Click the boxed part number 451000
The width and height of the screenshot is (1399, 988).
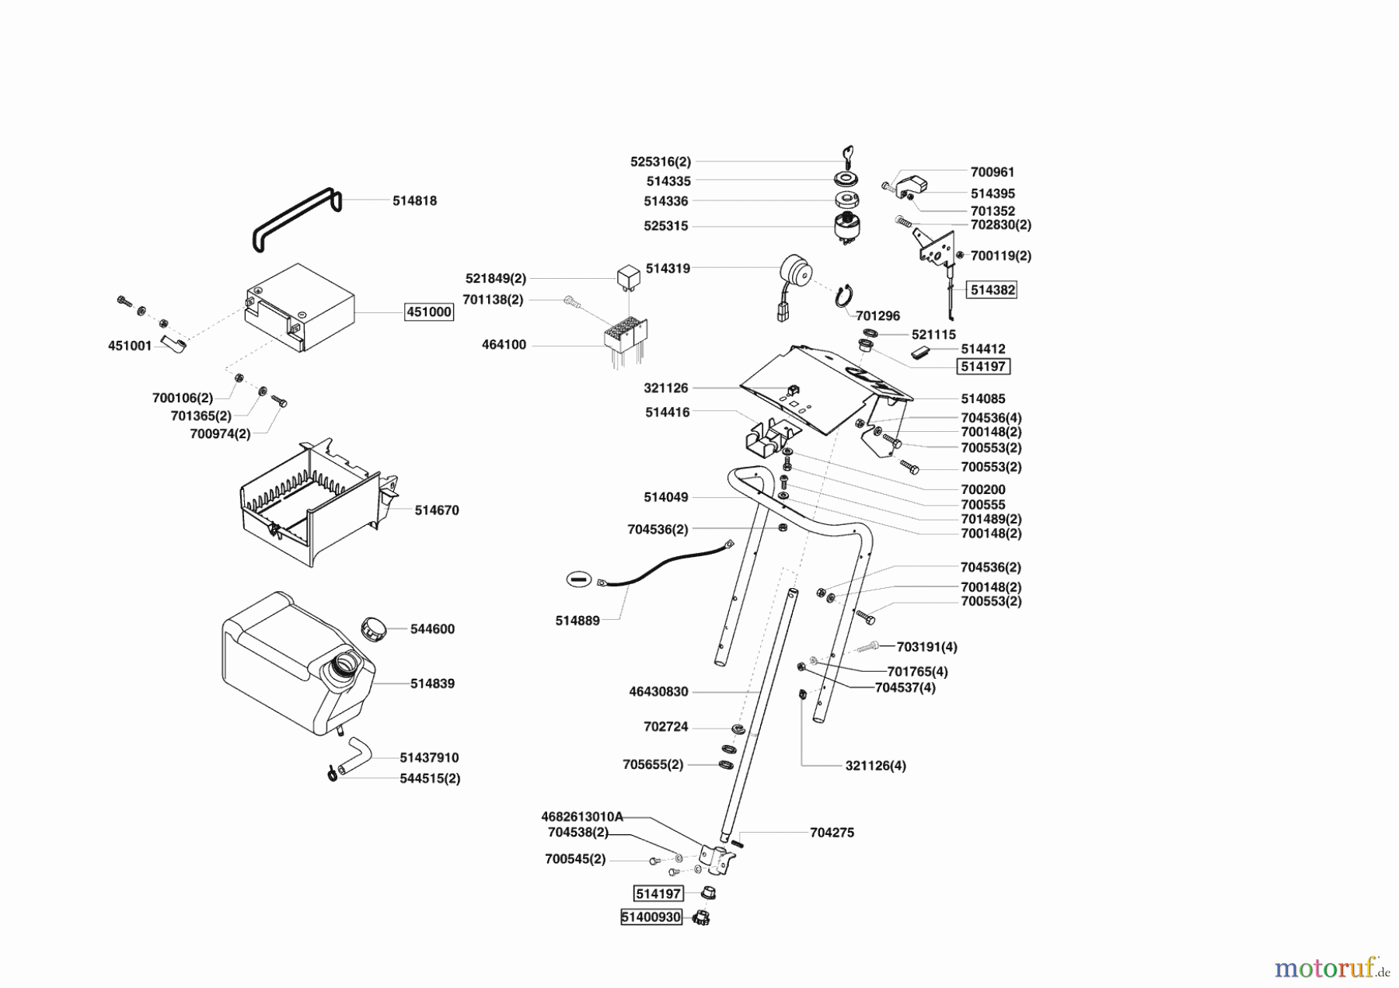click(x=428, y=312)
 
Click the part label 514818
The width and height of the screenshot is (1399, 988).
click(x=414, y=200)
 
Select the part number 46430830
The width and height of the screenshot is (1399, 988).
click(x=658, y=691)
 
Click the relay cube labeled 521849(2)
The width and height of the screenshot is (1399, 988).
click(x=628, y=276)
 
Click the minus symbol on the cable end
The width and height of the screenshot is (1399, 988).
click(x=579, y=579)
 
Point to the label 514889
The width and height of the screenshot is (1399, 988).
click(x=577, y=621)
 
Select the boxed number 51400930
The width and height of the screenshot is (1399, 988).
click(x=651, y=917)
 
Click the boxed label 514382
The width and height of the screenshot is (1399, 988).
click(x=993, y=290)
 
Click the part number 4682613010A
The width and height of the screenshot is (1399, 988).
click(x=582, y=816)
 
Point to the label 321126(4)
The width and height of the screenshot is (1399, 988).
click(x=875, y=765)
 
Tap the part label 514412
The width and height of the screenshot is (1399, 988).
click(x=982, y=350)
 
